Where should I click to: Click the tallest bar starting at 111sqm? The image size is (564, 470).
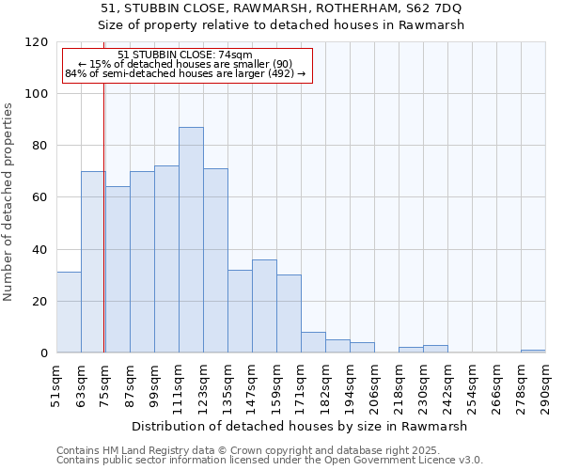(x=191, y=240)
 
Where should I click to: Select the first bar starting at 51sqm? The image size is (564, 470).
(x=69, y=313)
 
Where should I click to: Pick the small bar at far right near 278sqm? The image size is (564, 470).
(x=533, y=351)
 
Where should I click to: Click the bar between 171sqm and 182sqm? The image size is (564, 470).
(x=313, y=343)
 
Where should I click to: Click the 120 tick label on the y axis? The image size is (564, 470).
(x=37, y=42)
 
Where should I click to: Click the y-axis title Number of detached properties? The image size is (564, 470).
(x=9, y=202)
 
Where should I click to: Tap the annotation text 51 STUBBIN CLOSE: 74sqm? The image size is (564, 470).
(x=185, y=55)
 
